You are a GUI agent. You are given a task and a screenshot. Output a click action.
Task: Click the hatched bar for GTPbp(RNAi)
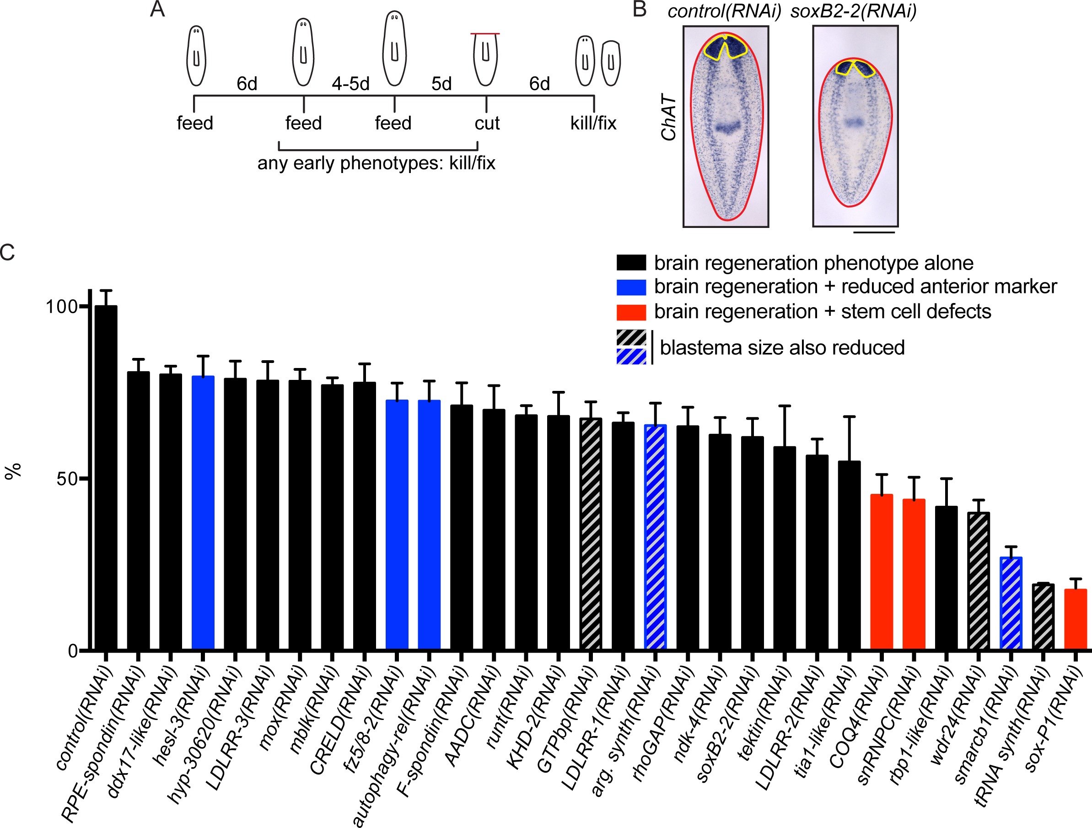point(591,534)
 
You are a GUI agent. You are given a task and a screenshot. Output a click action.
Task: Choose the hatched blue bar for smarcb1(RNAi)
point(1011,603)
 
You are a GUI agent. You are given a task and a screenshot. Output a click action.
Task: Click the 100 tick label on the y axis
point(62,307)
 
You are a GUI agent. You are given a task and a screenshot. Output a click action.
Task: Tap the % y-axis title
point(13,471)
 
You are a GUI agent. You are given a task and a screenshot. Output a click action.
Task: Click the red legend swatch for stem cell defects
point(631,312)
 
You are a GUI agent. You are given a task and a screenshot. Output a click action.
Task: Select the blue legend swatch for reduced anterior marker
point(631,287)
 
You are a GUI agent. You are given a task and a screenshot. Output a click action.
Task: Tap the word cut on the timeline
point(487,123)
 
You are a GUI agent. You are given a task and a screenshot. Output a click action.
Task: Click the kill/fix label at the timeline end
point(593,123)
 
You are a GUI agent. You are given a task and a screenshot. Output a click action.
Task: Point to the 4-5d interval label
point(350,84)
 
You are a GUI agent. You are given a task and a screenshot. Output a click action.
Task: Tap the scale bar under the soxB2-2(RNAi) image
point(873,232)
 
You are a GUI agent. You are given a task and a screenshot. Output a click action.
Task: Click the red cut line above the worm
point(485,33)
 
